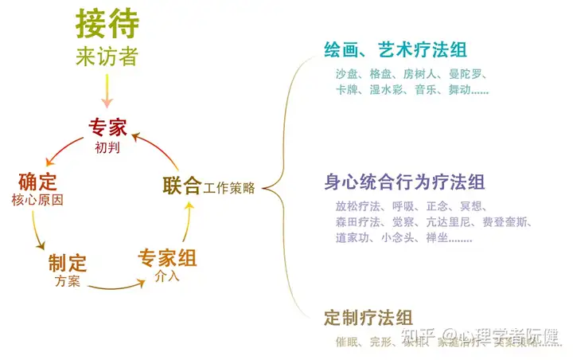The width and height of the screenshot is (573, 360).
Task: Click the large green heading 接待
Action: [107, 24]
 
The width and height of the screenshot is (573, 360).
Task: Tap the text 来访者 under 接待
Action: [107, 57]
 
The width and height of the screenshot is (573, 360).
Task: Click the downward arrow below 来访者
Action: [107, 92]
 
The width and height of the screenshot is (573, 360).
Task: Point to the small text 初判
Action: [107, 147]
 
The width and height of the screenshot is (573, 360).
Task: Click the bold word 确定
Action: [38, 181]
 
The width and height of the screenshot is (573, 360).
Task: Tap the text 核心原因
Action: [38, 199]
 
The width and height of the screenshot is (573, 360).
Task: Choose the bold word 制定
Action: [68, 263]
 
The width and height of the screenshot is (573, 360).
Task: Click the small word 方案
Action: [68, 281]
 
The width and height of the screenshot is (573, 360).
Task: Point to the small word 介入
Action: [168, 277]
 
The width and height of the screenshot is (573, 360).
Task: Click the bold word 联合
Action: [181, 186]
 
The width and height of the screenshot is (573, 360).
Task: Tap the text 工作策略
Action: [229, 189]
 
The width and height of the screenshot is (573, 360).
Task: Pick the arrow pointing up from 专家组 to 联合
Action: [189, 223]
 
